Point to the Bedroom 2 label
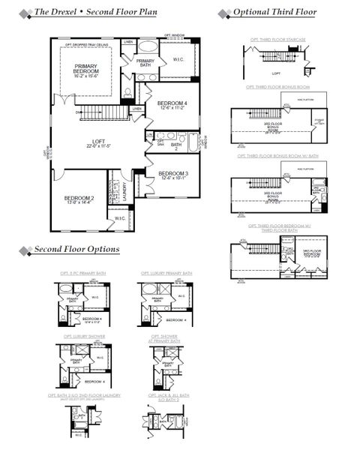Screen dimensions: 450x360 79,199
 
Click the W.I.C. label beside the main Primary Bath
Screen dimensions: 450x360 178,59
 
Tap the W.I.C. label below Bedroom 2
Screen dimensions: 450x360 120,218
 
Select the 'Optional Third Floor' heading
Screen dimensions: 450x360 274,13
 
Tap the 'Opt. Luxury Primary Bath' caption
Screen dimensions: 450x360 166,273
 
